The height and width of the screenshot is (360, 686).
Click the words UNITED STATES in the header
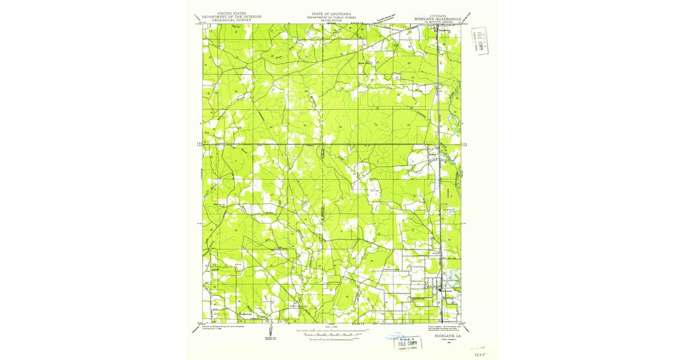tap(228, 12)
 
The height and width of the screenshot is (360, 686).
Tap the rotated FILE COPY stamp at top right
tap(480, 41)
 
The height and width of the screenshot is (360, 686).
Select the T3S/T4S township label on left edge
tap(200, 145)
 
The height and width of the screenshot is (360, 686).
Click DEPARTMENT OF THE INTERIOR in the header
tap(228, 15)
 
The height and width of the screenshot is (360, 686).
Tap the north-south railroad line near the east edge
tap(438, 171)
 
